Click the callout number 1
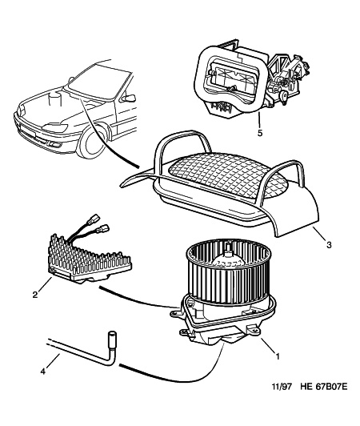click(277, 356)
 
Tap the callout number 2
click(35, 295)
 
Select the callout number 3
click(329, 245)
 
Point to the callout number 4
click(42, 372)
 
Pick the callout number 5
click(260, 133)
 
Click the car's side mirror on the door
click(129, 98)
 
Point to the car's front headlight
click(55, 127)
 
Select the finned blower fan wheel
click(227, 271)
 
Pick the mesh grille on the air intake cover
click(228, 175)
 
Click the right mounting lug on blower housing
click(253, 331)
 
